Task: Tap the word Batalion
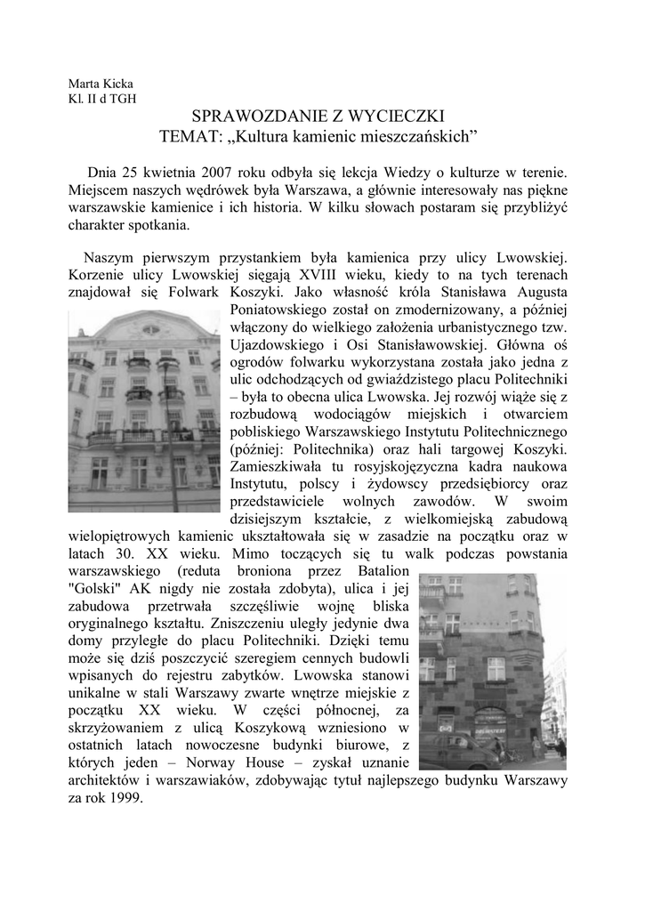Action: pyautogui.click(x=380, y=569)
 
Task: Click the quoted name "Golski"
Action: pyautogui.click(x=98, y=587)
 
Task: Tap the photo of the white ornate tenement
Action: pyautogui.click(x=144, y=409)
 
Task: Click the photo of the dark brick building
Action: pyautogui.click(x=491, y=672)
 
